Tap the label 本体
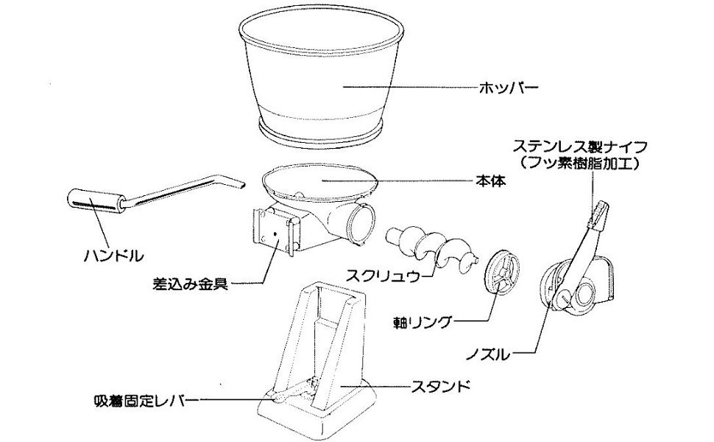tap(487, 179)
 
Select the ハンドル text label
tap(111, 257)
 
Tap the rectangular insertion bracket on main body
tap(275, 231)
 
